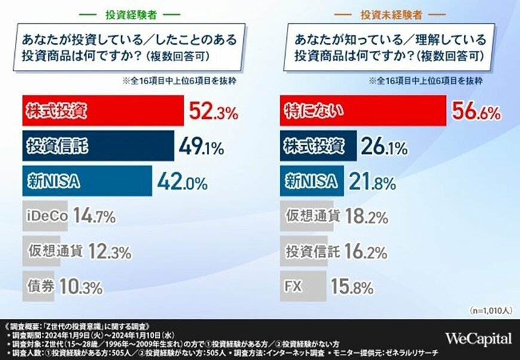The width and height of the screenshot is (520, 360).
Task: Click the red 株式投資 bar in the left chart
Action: coord(103,111)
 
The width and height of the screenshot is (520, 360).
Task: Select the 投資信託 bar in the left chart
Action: coord(99,147)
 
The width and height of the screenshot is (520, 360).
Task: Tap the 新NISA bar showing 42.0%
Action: coord(87,181)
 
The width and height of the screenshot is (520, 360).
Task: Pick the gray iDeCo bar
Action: coord(46,216)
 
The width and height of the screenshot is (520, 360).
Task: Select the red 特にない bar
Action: coord(363,111)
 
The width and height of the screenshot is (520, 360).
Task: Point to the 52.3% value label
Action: coord(213,111)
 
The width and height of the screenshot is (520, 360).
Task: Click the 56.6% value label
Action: coord(476,111)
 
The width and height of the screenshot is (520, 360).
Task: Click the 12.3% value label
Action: coord(109,251)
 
